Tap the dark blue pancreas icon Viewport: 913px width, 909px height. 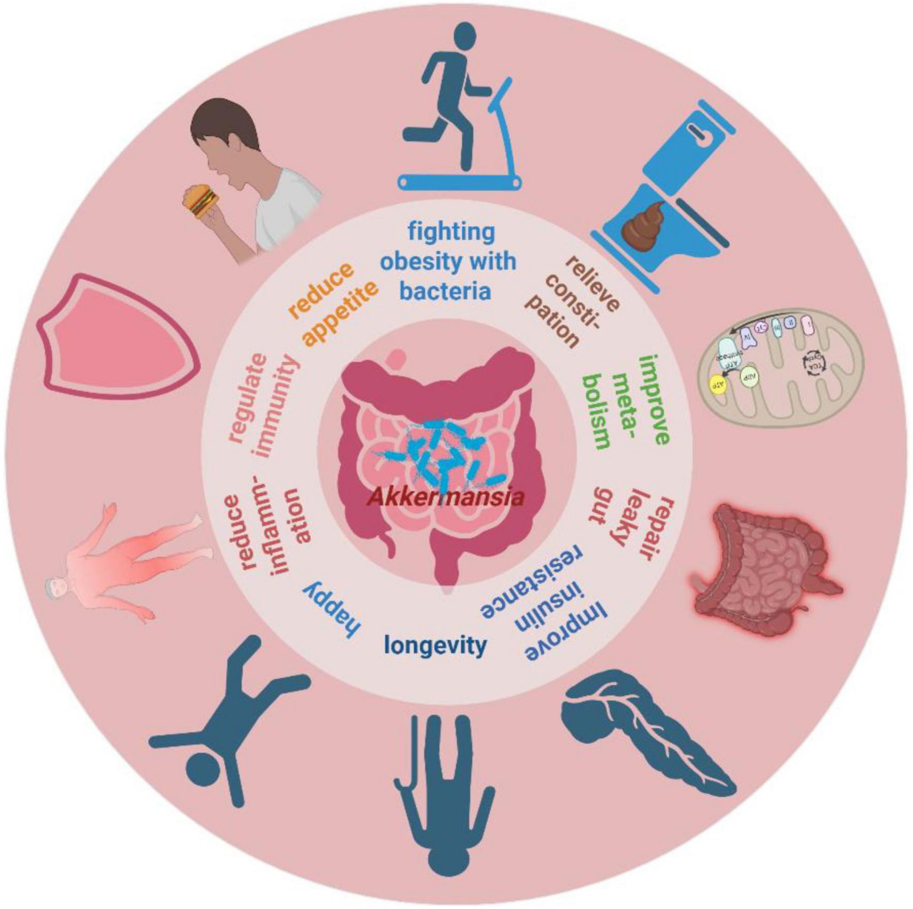point(648,738)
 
